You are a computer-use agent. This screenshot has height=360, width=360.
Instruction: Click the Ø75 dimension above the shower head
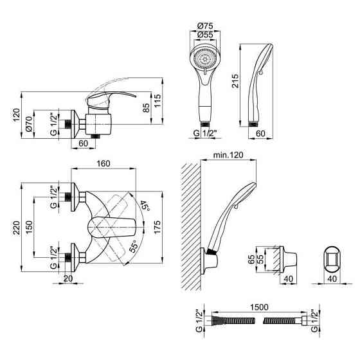click(x=205, y=26)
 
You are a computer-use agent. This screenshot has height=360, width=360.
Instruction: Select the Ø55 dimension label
click(x=205, y=35)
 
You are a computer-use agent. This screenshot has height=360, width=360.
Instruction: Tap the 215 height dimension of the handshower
click(x=235, y=80)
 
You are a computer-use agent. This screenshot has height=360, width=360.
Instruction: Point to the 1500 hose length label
click(x=259, y=307)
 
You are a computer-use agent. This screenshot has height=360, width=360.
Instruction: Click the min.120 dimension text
click(x=228, y=155)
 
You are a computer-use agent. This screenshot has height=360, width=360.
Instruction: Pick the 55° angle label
click(x=134, y=246)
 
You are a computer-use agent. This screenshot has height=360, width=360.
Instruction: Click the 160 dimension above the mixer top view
click(x=104, y=164)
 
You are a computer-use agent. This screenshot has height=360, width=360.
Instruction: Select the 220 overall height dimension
click(x=16, y=228)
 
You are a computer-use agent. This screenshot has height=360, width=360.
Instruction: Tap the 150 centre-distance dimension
click(x=29, y=228)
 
